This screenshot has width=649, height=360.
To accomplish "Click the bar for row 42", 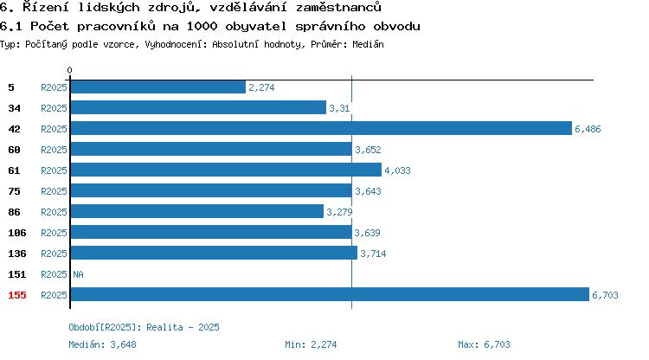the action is [x=321, y=128].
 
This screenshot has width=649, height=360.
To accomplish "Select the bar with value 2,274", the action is [x=158, y=87].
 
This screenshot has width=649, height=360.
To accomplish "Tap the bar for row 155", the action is [x=330, y=294].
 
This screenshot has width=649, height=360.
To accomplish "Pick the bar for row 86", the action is [x=197, y=211].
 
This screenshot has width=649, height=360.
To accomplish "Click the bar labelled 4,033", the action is [x=226, y=170].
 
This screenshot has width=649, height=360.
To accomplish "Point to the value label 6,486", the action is [x=588, y=129].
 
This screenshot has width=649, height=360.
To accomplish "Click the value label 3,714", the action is [x=373, y=254].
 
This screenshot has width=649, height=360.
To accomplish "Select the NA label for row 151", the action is [x=78, y=274].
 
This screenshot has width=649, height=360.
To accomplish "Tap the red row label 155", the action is [x=17, y=295].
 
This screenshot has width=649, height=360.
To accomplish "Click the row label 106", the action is [x=17, y=233].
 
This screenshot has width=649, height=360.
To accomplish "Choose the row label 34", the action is [x=14, y=108].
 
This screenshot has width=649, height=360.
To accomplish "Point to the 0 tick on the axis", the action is [x=69, y=70].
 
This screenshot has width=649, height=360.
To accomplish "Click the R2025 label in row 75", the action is [x=54, y=191].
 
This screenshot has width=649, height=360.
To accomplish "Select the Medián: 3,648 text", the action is [x=102, y=344].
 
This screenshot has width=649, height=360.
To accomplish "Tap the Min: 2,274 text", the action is [x=311, y=344].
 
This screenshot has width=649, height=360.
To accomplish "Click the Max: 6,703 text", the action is [x=484, y=344].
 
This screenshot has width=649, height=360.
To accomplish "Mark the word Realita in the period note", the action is [x=164, y=327].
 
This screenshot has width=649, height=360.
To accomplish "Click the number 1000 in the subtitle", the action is [x=202, y=26].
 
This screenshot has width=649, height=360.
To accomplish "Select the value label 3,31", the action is [x=339, y=108].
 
